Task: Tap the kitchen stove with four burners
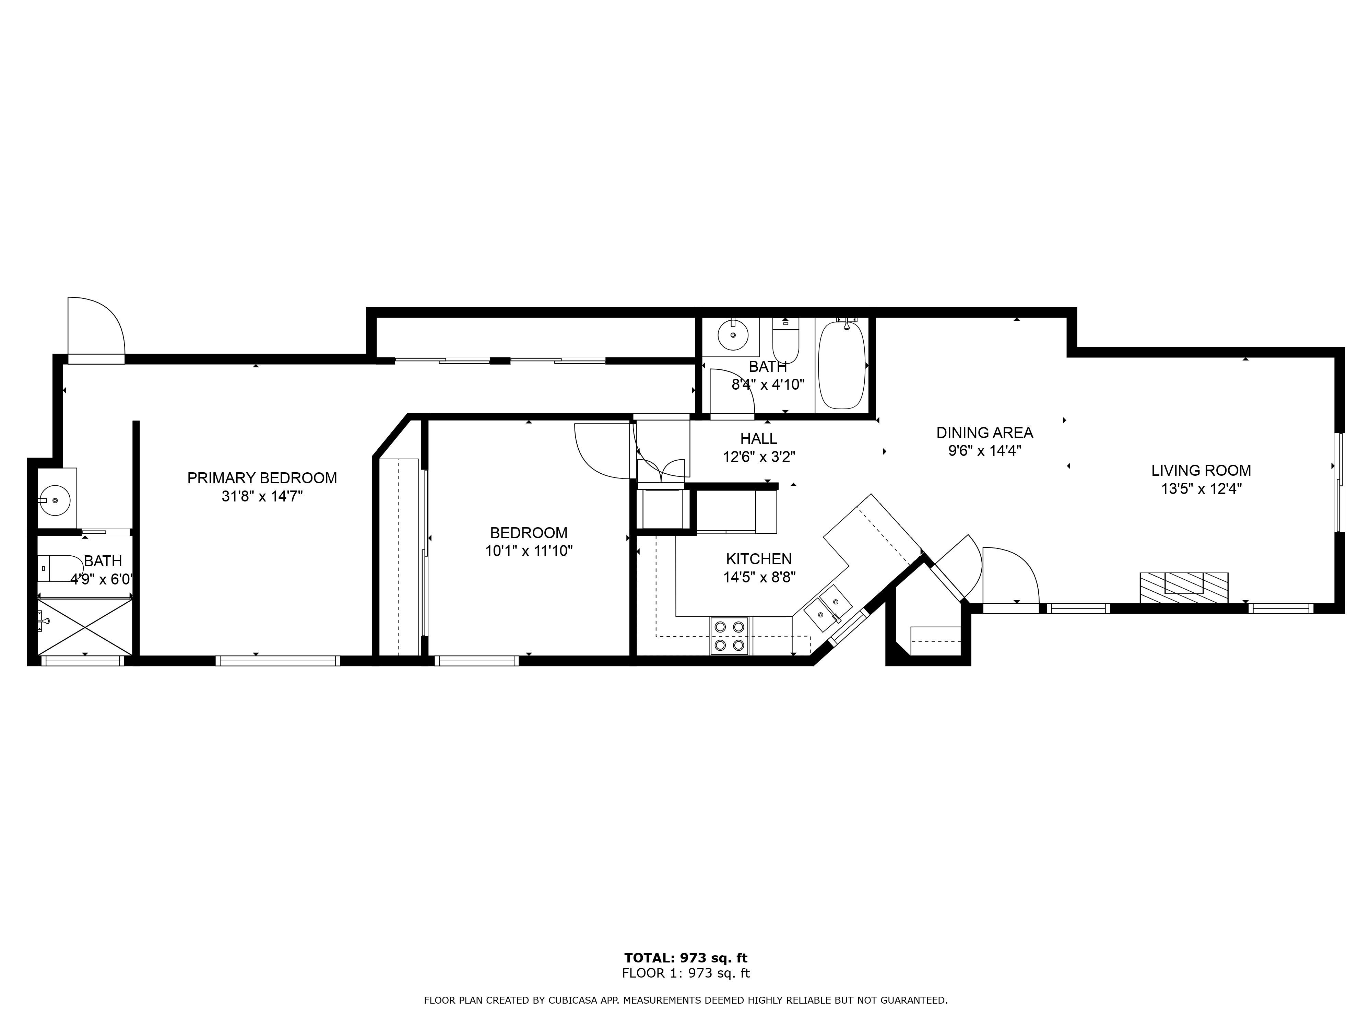730,636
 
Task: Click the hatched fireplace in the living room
1183,587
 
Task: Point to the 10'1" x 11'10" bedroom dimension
529,551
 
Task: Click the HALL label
759,438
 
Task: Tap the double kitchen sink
828,608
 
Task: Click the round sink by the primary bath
55,500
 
